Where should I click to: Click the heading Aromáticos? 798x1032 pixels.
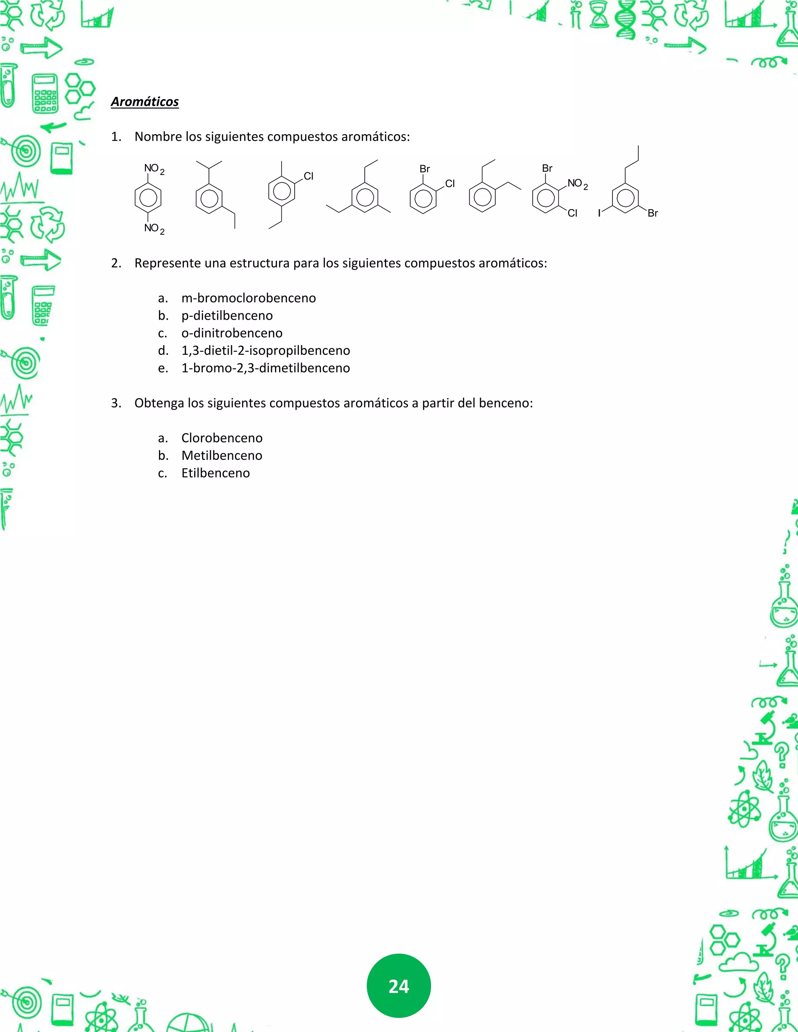click(x=145, y=102)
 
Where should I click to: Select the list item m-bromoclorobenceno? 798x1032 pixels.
click(x=249, y=298)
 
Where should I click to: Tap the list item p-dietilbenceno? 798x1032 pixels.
click(x=227, y=316)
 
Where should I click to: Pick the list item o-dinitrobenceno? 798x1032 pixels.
click(x=232, y=333)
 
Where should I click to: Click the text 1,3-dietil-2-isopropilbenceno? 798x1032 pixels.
click(x=266, y=350)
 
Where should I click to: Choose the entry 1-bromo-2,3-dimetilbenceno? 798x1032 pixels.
click(x=266, y=368)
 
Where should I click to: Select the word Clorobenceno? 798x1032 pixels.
click(x=222, y=438)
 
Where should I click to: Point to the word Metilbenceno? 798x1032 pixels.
click(x=222, y=456)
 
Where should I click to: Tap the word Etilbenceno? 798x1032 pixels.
click(x=215, y=473)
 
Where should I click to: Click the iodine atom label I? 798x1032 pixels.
click(x=599, y=213)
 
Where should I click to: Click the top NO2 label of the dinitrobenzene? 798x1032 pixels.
click(x=154, y=169)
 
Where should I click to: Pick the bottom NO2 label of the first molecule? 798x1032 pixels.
click(x=154, y=229)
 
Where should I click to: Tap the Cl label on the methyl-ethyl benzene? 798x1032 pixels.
click(x=308, y=176)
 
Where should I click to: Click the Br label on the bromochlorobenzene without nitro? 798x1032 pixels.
click(x=425, y=169)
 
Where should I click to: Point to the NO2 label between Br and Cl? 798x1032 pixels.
click(x=577, y=184)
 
